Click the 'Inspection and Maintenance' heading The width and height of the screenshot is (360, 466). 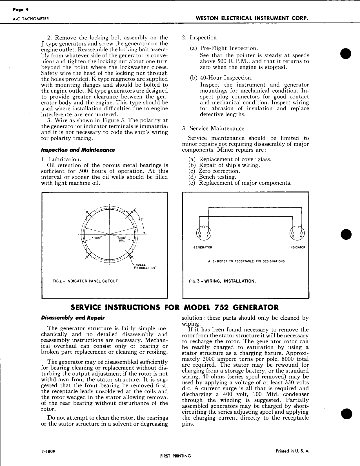78,150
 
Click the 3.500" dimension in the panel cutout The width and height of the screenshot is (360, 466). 96,239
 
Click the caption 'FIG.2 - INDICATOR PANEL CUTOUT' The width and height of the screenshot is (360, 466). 85,281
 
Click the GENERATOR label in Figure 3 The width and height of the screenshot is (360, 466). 203,247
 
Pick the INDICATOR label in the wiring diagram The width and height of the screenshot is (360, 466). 297,247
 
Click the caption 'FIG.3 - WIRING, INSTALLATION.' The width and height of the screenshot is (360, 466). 222,281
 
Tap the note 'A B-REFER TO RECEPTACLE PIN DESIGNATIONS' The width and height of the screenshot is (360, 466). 246,261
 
